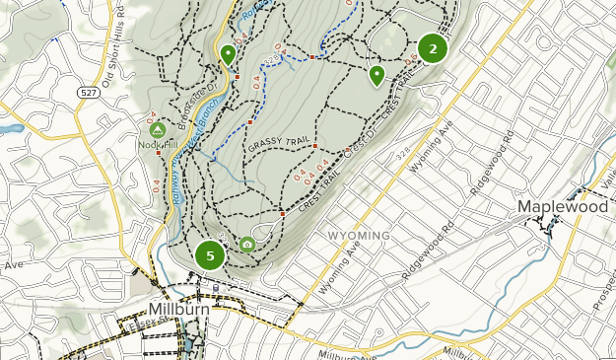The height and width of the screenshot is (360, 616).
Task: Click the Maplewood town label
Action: [563, 208]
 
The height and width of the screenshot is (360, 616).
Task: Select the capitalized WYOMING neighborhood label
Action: [358, 236]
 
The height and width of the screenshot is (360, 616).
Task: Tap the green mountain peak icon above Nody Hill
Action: [156, 129]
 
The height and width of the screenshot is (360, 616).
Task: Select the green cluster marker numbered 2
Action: [432, 47]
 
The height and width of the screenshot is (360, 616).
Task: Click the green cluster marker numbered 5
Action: [209, 255]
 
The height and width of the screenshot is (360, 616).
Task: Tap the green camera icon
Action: [247, 244]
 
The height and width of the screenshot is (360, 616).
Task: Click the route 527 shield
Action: [89, 91]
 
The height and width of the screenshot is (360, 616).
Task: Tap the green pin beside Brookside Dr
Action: [228, 53]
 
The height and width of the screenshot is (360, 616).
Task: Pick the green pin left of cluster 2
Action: [376, 74]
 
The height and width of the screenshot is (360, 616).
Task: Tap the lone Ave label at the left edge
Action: [12, 265]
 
